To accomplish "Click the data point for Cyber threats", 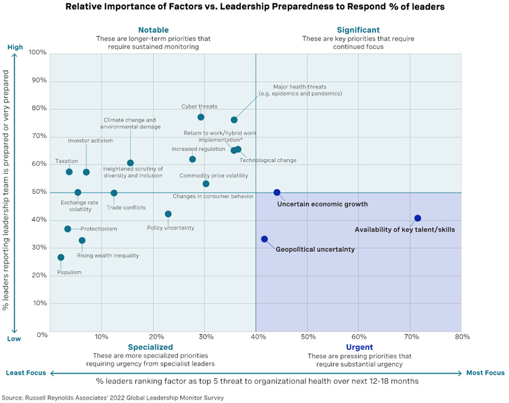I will point(201,117).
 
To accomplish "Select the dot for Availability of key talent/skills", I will point(417,218).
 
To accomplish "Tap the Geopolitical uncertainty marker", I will point(264,239).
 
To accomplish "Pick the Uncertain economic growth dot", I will point(277,192).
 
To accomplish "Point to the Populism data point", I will point(61,258).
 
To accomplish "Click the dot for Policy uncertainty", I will point(168,214).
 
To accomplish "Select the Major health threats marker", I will point(234,120).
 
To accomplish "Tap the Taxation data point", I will point(69,172).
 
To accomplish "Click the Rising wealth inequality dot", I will point(82,241).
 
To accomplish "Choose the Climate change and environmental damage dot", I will point(131,163).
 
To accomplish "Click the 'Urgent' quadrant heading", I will point(359,347).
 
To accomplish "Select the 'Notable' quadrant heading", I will point(153,30).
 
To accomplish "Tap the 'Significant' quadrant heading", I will point(358,30).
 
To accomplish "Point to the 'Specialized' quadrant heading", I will point(150,347).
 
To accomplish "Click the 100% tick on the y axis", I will point(37,53).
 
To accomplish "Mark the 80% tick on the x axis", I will point(462,337).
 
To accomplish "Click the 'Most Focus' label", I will point(485,373).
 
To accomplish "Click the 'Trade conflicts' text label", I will point(126,208).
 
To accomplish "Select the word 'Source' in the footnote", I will point(14,398).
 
